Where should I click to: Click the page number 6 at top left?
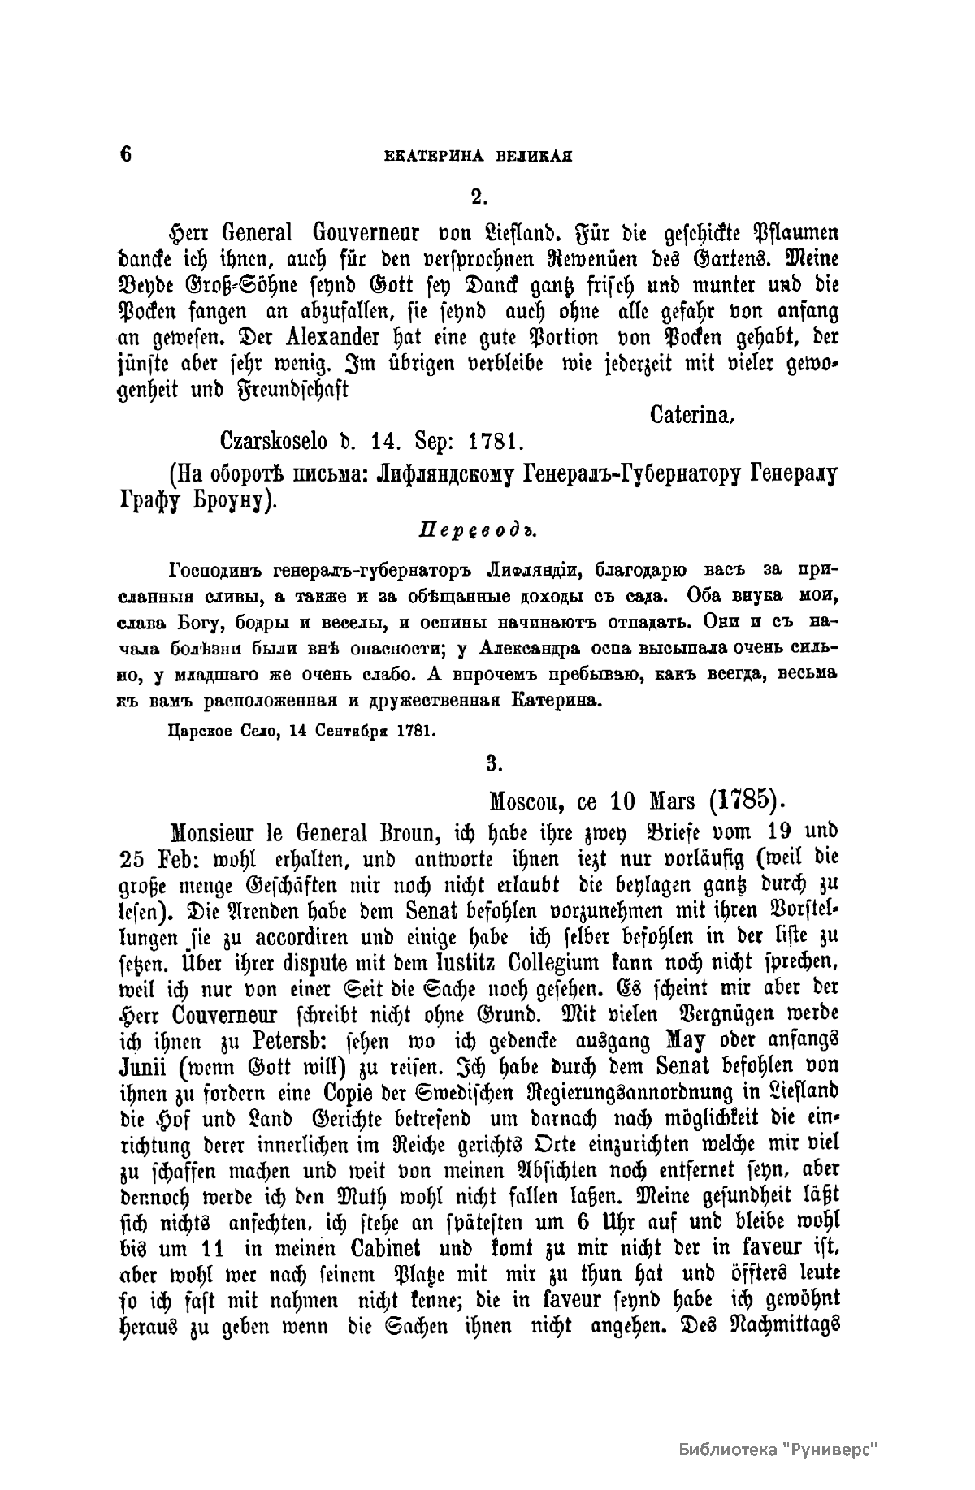(x=125, y=155)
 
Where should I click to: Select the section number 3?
(x=490, y=763)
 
